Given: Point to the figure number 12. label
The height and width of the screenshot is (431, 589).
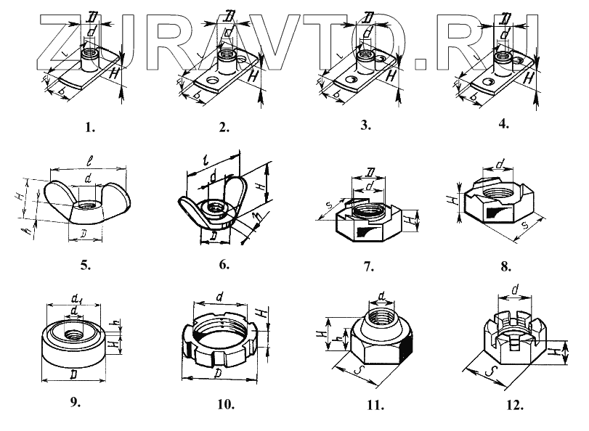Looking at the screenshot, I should coord(516,404).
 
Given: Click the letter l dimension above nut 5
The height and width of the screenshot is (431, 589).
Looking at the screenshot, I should coord(86,157).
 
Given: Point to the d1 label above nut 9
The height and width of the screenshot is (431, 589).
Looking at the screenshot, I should coord(76,299).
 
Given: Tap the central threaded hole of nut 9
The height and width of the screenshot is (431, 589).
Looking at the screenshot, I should coord(73,334).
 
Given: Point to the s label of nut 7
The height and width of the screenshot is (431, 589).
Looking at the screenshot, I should coord(329,207).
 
